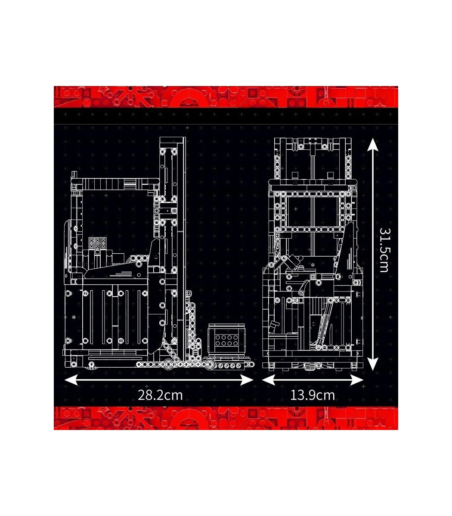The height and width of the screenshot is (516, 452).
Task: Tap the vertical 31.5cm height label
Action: tap(384, 250)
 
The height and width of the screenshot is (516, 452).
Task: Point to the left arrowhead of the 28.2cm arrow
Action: tap(71, 380)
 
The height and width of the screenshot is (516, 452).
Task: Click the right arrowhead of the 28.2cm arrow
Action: tap(247, 380)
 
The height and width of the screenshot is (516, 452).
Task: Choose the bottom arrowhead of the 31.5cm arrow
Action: tap(372, 364)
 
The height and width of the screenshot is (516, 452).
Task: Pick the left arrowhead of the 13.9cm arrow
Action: tap(269, 380)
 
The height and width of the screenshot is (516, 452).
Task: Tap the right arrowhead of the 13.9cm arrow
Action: tap(356, 380)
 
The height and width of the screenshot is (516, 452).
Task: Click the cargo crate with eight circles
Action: tap(226, 340)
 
